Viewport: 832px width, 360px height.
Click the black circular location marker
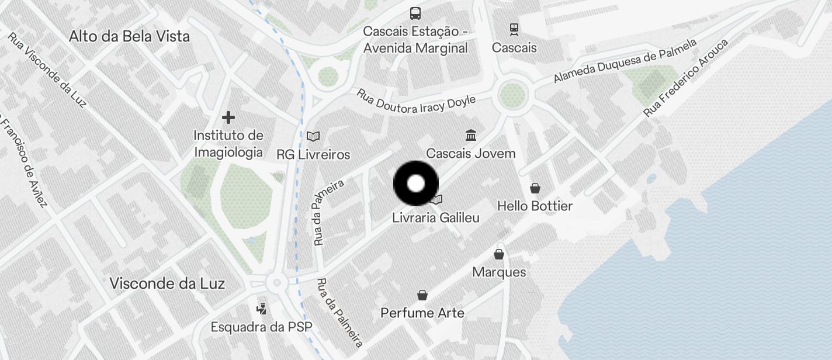click(415, 184)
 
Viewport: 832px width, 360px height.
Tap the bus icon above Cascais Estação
click(415, 13)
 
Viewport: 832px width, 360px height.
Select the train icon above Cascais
click(514, 29)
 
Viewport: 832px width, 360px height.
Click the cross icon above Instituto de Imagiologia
click(228, 117)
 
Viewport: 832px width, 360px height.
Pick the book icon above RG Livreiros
click(313, 136)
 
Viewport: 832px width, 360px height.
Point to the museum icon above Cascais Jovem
click(470, 136)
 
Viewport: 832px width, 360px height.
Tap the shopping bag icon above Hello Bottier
click(535, 188)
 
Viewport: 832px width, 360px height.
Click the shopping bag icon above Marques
click(499, 254)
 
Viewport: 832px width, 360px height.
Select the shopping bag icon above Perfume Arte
click(422, 295)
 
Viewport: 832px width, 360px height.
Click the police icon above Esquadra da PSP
click(262, 309)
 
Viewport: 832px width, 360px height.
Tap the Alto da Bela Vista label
click(129, 36)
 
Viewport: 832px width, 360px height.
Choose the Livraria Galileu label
click(436, 218)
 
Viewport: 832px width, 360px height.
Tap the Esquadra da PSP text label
click(261, 327)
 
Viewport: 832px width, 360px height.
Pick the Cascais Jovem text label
click(470, 154)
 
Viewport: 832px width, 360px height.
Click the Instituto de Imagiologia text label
click(228, 144)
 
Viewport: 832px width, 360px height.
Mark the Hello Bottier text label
click(535, 206)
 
